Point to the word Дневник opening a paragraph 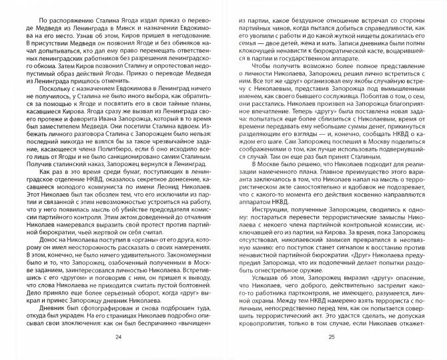click(45, 300)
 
